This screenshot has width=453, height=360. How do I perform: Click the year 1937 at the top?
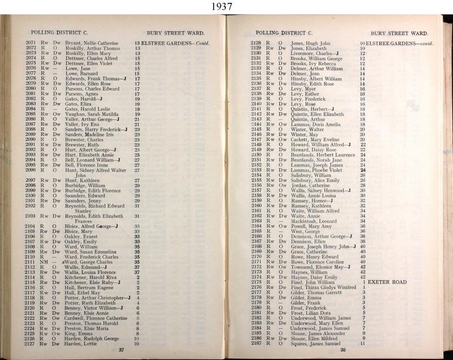coord(226,7)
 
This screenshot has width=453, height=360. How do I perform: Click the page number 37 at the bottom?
coord(121,350)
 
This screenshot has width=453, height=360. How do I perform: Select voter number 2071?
coord(32,43)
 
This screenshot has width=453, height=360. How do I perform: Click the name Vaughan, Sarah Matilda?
coord(90,114)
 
